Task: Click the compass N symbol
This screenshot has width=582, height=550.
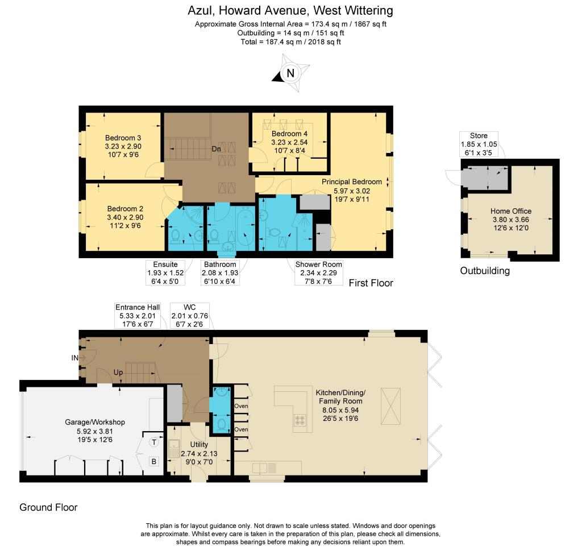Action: pyautogui.click(x=290, y=73)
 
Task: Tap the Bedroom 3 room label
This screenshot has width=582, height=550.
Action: pyautogui.click(x=123, y=146)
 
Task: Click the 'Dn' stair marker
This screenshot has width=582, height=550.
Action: pyautogui.click(x=217, y=149)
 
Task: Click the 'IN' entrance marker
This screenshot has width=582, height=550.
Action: pyautogui.click(x=74, y=358)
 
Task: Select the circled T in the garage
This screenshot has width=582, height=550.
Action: pyautogui.click(x=153, y=443)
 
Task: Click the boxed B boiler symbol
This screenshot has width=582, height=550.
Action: pyautogui.click(x=153, y=461)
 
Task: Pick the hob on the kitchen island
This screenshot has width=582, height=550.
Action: pyautogui.click(x=300, y=420)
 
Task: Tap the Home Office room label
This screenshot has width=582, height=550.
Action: pyautogui.click(x=511, y=219)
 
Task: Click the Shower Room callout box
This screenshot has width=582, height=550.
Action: pyautogui.click(x=318, y=272)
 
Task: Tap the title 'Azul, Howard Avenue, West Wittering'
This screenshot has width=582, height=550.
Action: pyautogui.click(x=290, y=10)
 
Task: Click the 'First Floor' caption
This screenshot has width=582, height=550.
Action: pyautogui.click(x=371, y=283)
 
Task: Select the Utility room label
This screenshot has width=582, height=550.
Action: pyautogui.click(x=198, y=449)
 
